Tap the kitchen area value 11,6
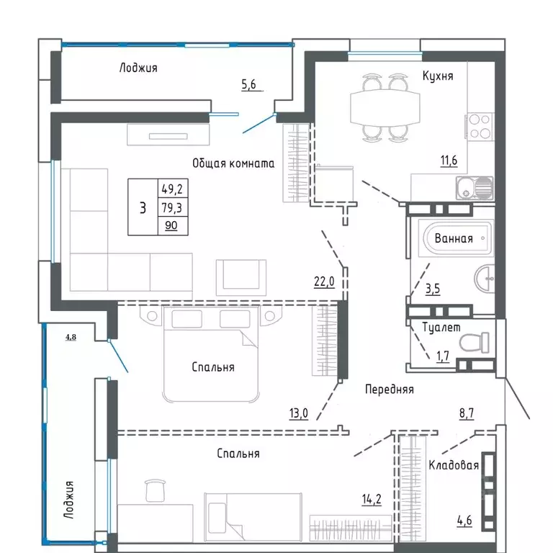pyautogui.click(x=449, y=161)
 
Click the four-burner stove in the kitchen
pyautogui.click(x=480, y=127)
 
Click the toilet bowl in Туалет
pyautogui.click(x=477, y=341)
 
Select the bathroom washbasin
pyautogui.click(x=487, y=276)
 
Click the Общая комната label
pyautogui.click(x=233, y=163)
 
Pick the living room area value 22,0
pyautogui.click(x=324, y=282)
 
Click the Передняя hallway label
pyautogui.click(x=389, y=389)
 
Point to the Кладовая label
pyautogui.click(x=454, y=465)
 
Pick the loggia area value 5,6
pyautogui.click(x=249, y=84)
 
